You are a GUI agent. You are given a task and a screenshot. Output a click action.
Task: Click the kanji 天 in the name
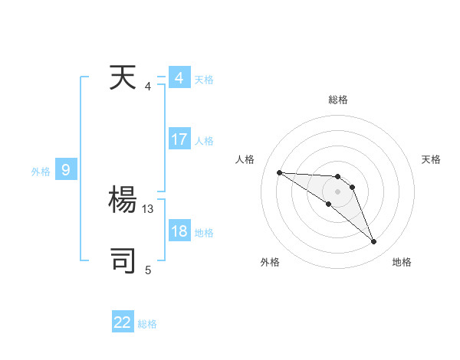coord(123,79)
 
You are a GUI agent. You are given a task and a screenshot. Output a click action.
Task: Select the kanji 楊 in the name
coord(123,201)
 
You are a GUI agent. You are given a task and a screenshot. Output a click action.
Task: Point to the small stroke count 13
coord(149,208)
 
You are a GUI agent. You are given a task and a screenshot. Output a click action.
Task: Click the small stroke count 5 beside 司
coord(148,270)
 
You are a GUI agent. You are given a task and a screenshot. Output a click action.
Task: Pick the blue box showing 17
coord(179,139)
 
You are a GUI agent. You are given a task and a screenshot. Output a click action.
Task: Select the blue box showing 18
coord(179,231)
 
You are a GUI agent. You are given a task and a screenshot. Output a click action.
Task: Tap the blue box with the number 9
coord(66,170)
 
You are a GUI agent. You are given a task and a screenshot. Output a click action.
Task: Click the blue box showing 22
coord(123,322)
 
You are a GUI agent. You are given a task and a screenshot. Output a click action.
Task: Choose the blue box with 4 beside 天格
coord(179,78)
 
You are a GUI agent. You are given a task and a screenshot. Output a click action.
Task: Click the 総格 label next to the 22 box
coord(147,324)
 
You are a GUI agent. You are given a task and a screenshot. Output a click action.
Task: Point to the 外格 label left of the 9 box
coord(41,172)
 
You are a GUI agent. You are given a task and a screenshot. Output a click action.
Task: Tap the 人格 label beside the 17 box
coord(204,141)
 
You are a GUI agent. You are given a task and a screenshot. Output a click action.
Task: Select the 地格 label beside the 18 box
coord(204,233)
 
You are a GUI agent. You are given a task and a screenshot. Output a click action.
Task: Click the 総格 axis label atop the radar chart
coord(338,100)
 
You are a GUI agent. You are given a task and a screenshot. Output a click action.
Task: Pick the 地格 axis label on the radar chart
coord(402,262)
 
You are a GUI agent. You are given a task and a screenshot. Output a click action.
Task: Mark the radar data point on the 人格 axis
coord(279,172)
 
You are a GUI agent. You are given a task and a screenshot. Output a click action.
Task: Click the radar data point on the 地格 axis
coord(374,242)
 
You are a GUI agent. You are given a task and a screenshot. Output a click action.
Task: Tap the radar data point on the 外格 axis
coord(329,204)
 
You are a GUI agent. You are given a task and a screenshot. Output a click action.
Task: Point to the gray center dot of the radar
coord(338,191)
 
